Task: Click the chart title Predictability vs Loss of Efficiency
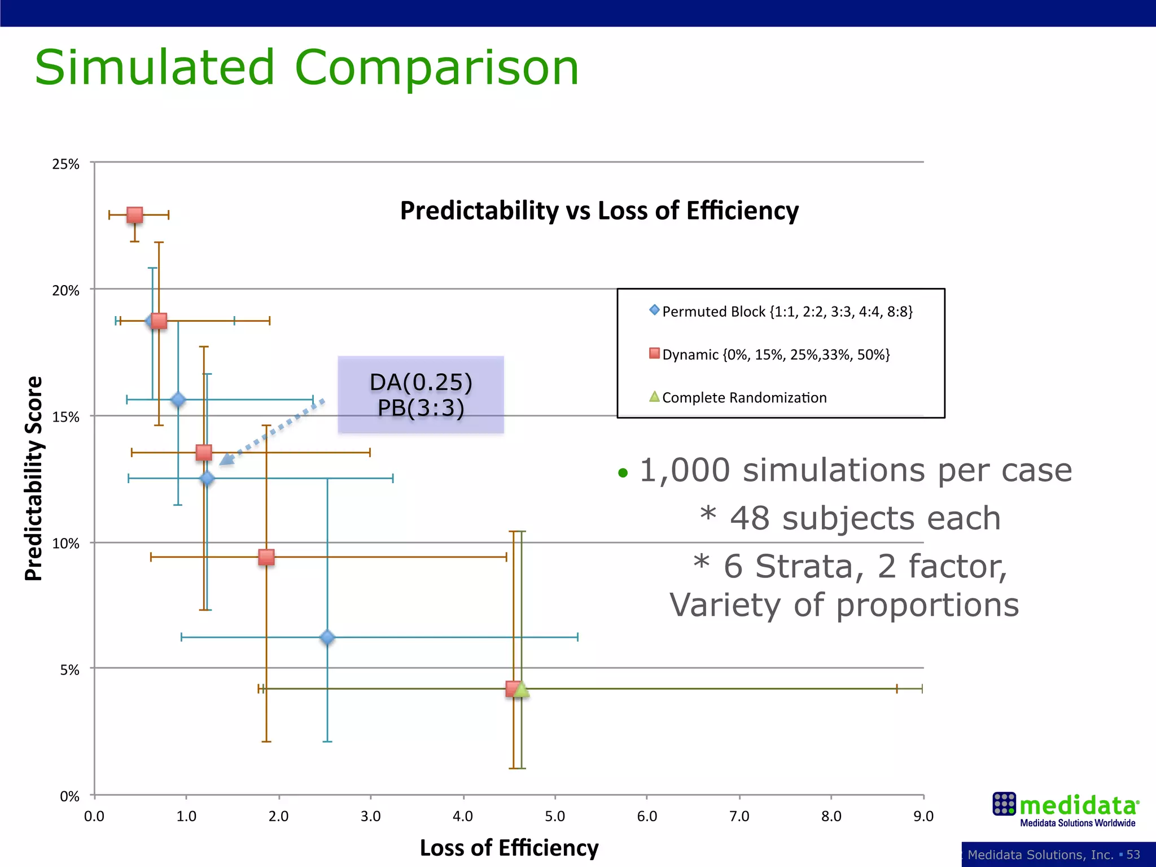[x=599, y=211]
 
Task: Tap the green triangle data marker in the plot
[x=522, y=689]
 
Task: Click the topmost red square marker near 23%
[x=134, y=215]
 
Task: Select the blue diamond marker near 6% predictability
[x=327, y=637]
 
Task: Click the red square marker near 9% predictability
[x=266, y=557]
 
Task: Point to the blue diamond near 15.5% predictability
[x=178, y=400]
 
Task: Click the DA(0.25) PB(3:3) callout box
[x=421, y=395]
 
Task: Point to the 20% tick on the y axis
[x=65, y=290]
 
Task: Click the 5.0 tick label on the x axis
[x=555, y=816]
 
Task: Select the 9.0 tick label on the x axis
[x=923, y=816]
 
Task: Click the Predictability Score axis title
[x=34, y=478]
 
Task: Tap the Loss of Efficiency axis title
[x=509, y=848]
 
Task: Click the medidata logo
[x=1065, y=809]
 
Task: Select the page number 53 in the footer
[x=1133, y=855]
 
